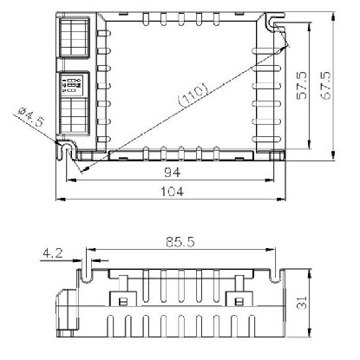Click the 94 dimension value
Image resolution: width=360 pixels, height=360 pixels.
point(173,173)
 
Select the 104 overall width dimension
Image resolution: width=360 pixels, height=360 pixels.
point(172,192)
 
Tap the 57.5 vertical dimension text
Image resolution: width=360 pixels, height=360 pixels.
point(302,86)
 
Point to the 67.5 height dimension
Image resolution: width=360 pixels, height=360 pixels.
point(325,86)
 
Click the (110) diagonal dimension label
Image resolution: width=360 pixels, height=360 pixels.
point(193,95)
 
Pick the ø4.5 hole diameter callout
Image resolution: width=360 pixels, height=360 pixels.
point(31,116)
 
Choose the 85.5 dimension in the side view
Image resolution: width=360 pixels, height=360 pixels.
point(180,242)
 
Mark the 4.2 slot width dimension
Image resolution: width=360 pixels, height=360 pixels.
point(53,253)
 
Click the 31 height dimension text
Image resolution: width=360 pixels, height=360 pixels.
point(301,303)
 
